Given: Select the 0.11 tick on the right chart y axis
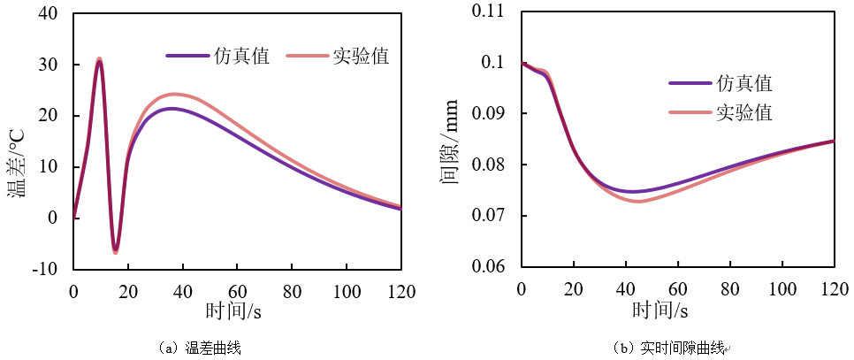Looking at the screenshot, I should tap(493, 11).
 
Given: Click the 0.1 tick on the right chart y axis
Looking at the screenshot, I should tap(498, 63).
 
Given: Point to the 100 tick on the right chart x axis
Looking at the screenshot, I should tap(782, 289).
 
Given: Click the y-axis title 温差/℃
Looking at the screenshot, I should tap(17, 163).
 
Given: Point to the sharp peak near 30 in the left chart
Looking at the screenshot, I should tap(99, 60).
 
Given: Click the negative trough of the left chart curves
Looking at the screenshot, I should tap(116, 251).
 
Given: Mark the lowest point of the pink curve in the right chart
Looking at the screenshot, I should tap(638, 202).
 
